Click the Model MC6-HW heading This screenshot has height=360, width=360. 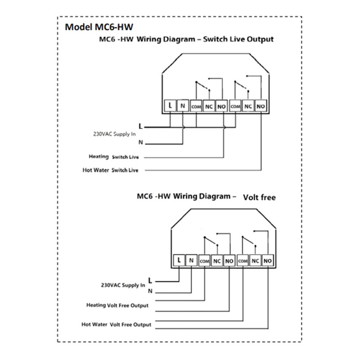[99, 27]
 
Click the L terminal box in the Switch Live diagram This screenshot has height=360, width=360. [170, 106]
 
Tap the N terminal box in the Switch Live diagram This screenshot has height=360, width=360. [183, 106]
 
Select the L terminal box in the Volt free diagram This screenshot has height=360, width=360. [179, 261]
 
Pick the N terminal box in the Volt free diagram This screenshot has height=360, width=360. [191, 261]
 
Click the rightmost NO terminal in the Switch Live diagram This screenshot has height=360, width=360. [261, 106]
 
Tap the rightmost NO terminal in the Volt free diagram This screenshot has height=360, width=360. [267, 261]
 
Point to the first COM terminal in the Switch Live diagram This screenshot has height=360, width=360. [196, 106]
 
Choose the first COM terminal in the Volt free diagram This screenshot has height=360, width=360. [204, 261]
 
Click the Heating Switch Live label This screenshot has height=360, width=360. [114, 157]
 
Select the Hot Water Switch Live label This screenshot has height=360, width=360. [110, 170]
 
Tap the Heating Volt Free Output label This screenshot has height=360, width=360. [117, 306]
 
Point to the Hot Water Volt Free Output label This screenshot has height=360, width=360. [117, 324]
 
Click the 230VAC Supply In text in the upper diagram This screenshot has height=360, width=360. [114, 134]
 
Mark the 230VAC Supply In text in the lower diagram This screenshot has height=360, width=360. [123, 285]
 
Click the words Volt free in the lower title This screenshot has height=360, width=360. [260, 197]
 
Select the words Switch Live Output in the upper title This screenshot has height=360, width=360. [238, 39]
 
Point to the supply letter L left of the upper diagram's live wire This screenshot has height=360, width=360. [141, 126]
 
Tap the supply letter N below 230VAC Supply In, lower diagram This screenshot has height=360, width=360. [150, 291]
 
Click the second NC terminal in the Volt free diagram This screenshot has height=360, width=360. [255, 261]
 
